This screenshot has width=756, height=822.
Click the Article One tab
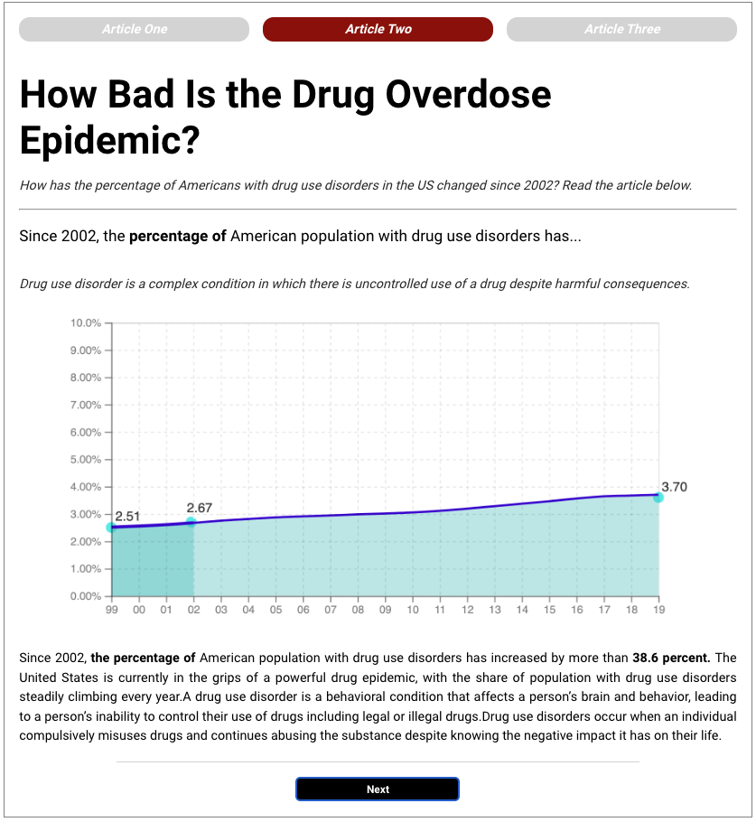[x=134, y=29]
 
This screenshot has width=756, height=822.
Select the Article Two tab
[x=378, y=29]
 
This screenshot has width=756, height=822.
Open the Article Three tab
[x=621, y=29]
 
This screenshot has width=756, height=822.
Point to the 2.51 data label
[x=127, y=516]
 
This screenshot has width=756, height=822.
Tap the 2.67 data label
[x=199, y=509]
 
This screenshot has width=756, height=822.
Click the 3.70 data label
[x=674, y=487]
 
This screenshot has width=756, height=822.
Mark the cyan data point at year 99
[x=111, y=527]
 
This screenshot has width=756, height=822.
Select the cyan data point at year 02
[x=191, y=522]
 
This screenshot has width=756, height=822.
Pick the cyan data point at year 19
[x=658, y=497]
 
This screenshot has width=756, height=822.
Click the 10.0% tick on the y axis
[x=86, y=322]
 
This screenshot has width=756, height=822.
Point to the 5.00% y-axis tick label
[x=86, y=460]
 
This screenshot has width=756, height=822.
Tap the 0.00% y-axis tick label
[x=86, y=596]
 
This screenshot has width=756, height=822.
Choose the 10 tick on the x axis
[x=413, y=611]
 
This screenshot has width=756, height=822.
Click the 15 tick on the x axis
[x=549, y=611]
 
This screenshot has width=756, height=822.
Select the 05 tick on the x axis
[x=275, y=611]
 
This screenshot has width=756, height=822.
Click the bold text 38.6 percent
[x=671, y=657]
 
